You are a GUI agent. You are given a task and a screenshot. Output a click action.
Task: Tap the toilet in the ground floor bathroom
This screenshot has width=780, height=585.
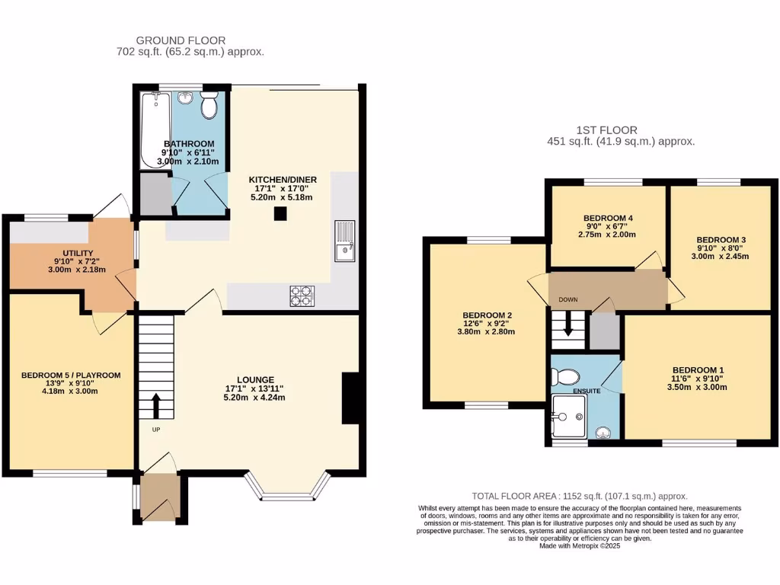tap(209, 107)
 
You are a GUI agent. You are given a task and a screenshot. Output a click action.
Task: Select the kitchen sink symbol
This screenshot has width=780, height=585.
tap(345, 239)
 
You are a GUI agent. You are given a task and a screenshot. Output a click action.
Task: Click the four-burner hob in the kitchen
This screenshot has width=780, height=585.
tap(302, 296)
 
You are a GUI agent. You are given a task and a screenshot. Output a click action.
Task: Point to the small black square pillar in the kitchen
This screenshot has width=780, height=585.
tap(280, 214)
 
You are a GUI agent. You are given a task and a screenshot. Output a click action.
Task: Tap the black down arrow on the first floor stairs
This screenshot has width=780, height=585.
tap(567, 328)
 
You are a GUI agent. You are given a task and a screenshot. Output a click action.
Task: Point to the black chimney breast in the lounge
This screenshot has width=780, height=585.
tap(350, 398)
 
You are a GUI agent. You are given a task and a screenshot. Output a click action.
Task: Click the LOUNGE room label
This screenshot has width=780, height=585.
tap(255, 379)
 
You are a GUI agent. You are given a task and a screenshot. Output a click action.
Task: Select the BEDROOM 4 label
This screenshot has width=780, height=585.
tap(609, 218)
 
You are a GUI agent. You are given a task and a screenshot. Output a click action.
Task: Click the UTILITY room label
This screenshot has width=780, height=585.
tap(78, 252)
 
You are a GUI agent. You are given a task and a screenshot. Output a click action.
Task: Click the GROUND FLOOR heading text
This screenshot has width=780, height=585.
tap(181, 40)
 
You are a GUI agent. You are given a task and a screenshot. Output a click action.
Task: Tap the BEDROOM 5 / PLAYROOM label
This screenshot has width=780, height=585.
tap(70, 376)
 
